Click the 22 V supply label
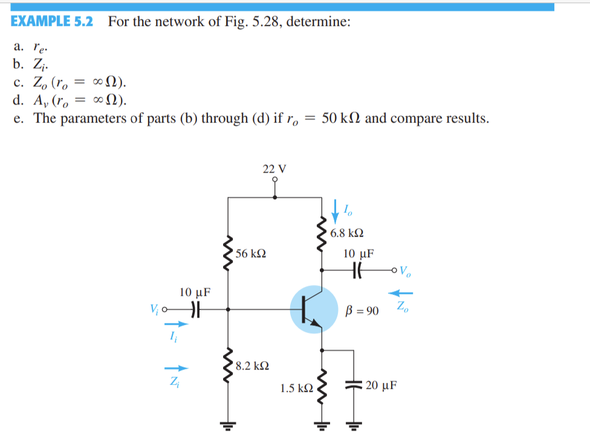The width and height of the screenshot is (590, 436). tap(274, 168)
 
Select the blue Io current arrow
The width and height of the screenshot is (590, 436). tap(336, 212)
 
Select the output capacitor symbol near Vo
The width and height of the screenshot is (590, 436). tap(356, 269)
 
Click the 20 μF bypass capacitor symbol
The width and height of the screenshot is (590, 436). tap(351, 384)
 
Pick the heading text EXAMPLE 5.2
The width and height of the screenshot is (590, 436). tap(52, 22)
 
